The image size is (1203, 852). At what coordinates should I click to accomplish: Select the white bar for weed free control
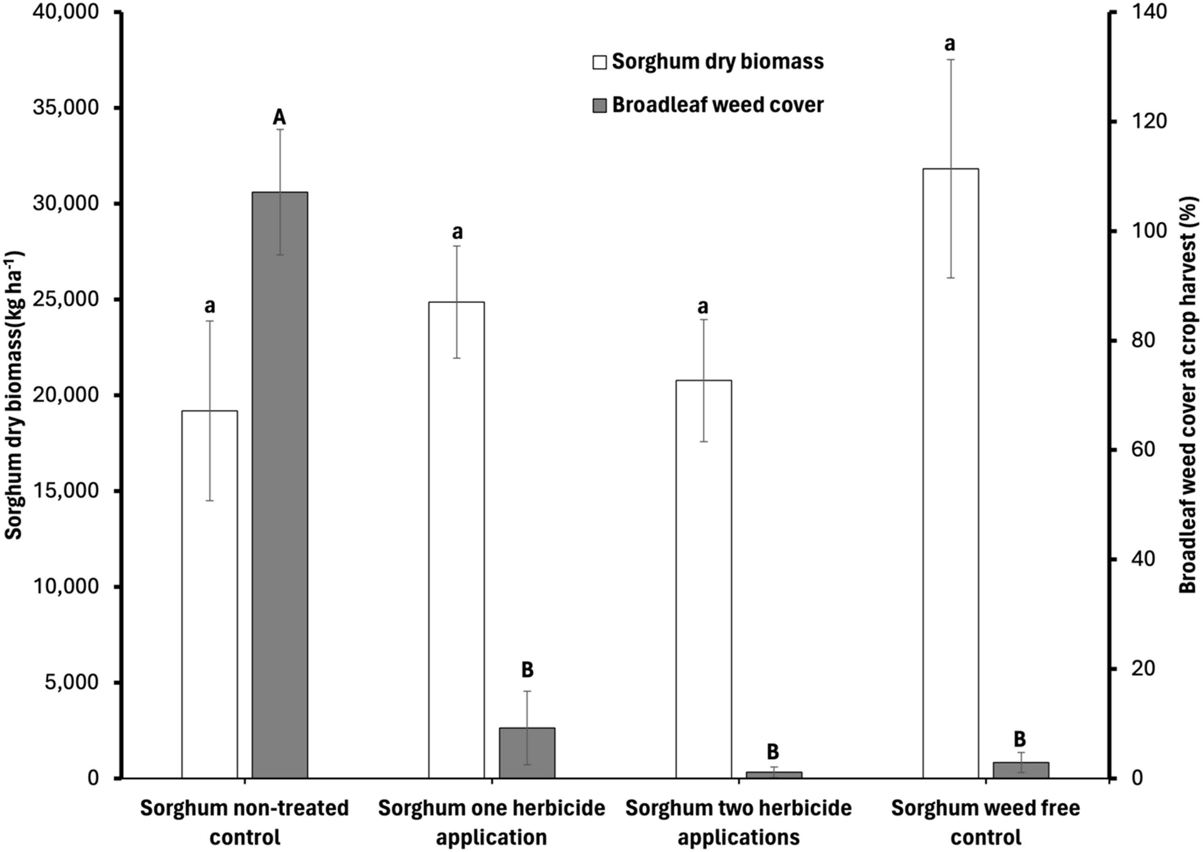950,472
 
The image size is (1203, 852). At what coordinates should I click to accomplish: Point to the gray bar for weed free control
1020,770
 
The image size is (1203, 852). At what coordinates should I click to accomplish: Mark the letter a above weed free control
950,44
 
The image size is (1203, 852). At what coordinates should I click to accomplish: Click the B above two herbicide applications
773,751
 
